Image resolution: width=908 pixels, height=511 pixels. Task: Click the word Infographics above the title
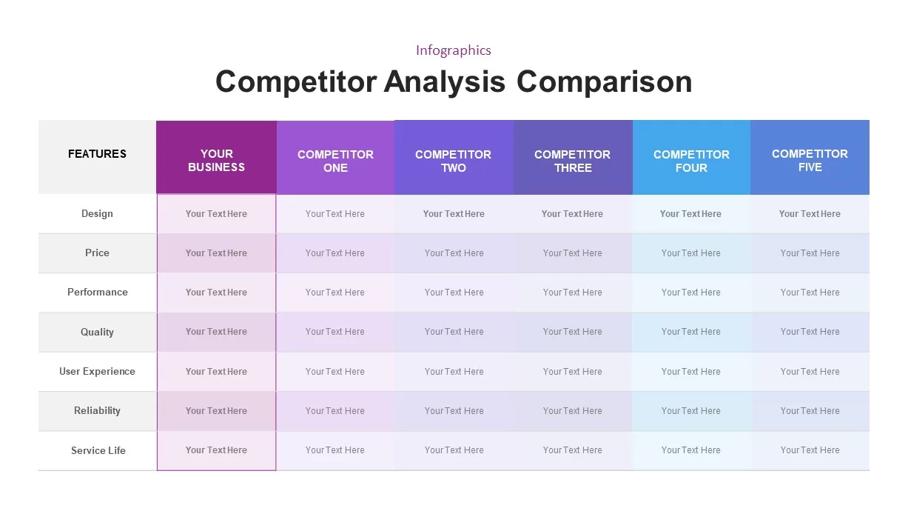453,50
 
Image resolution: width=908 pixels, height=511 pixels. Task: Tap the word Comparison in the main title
604,81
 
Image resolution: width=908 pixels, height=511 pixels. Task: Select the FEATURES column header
97,154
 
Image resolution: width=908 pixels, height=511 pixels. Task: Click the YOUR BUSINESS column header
216,161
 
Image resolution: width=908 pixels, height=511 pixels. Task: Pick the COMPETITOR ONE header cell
335,161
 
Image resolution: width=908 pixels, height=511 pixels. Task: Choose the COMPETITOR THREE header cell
572,161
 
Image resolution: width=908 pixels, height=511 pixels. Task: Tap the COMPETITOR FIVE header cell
810,161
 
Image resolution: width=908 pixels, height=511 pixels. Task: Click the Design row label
97,214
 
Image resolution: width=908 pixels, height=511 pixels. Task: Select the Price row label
97,253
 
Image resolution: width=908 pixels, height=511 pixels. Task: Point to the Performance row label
97,293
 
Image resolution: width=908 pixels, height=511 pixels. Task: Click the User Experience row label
97,372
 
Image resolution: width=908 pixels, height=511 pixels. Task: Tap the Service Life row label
98,450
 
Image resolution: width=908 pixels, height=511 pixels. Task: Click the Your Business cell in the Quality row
216,332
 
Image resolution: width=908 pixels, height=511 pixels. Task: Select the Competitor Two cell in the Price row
454,253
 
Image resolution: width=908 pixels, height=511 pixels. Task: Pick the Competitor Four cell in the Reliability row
690,411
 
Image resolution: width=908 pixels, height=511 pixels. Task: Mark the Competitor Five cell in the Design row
810,214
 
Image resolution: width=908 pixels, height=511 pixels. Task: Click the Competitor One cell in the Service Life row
335,450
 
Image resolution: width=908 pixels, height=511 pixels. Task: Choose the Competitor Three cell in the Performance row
572,293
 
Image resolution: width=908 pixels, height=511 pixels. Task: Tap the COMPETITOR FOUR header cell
691,161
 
